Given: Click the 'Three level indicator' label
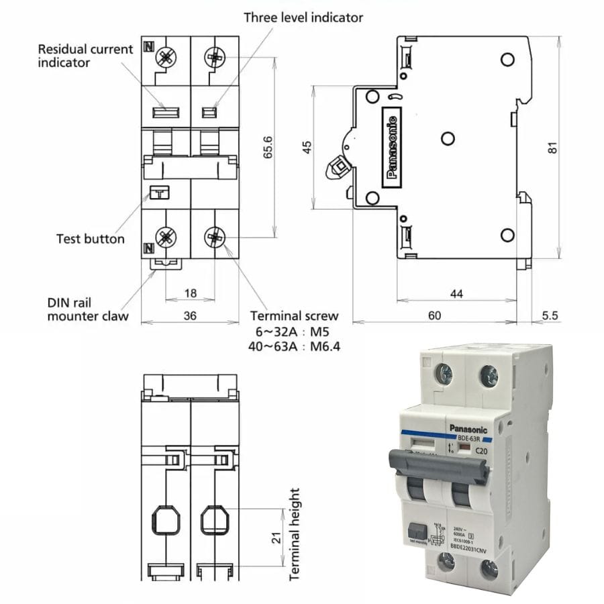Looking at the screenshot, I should click(x=303, y=17).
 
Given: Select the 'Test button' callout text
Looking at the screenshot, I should click(x=90, y=238).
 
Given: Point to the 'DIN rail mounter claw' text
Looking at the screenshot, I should click(x=88, y=309).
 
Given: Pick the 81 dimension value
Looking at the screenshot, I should click(x=552, y=148).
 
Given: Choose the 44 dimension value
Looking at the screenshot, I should click(x=456, y=293).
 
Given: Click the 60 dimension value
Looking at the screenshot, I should click(x=435, y=315).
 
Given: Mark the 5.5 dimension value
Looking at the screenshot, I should click(x=550, y=315).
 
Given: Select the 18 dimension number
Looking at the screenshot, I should click(x=190, y=293).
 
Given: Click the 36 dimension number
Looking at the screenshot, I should click(x=190, y=315).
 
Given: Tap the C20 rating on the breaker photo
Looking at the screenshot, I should click(x=481, y=451).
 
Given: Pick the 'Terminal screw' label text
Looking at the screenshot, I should click(x=294, y=315).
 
